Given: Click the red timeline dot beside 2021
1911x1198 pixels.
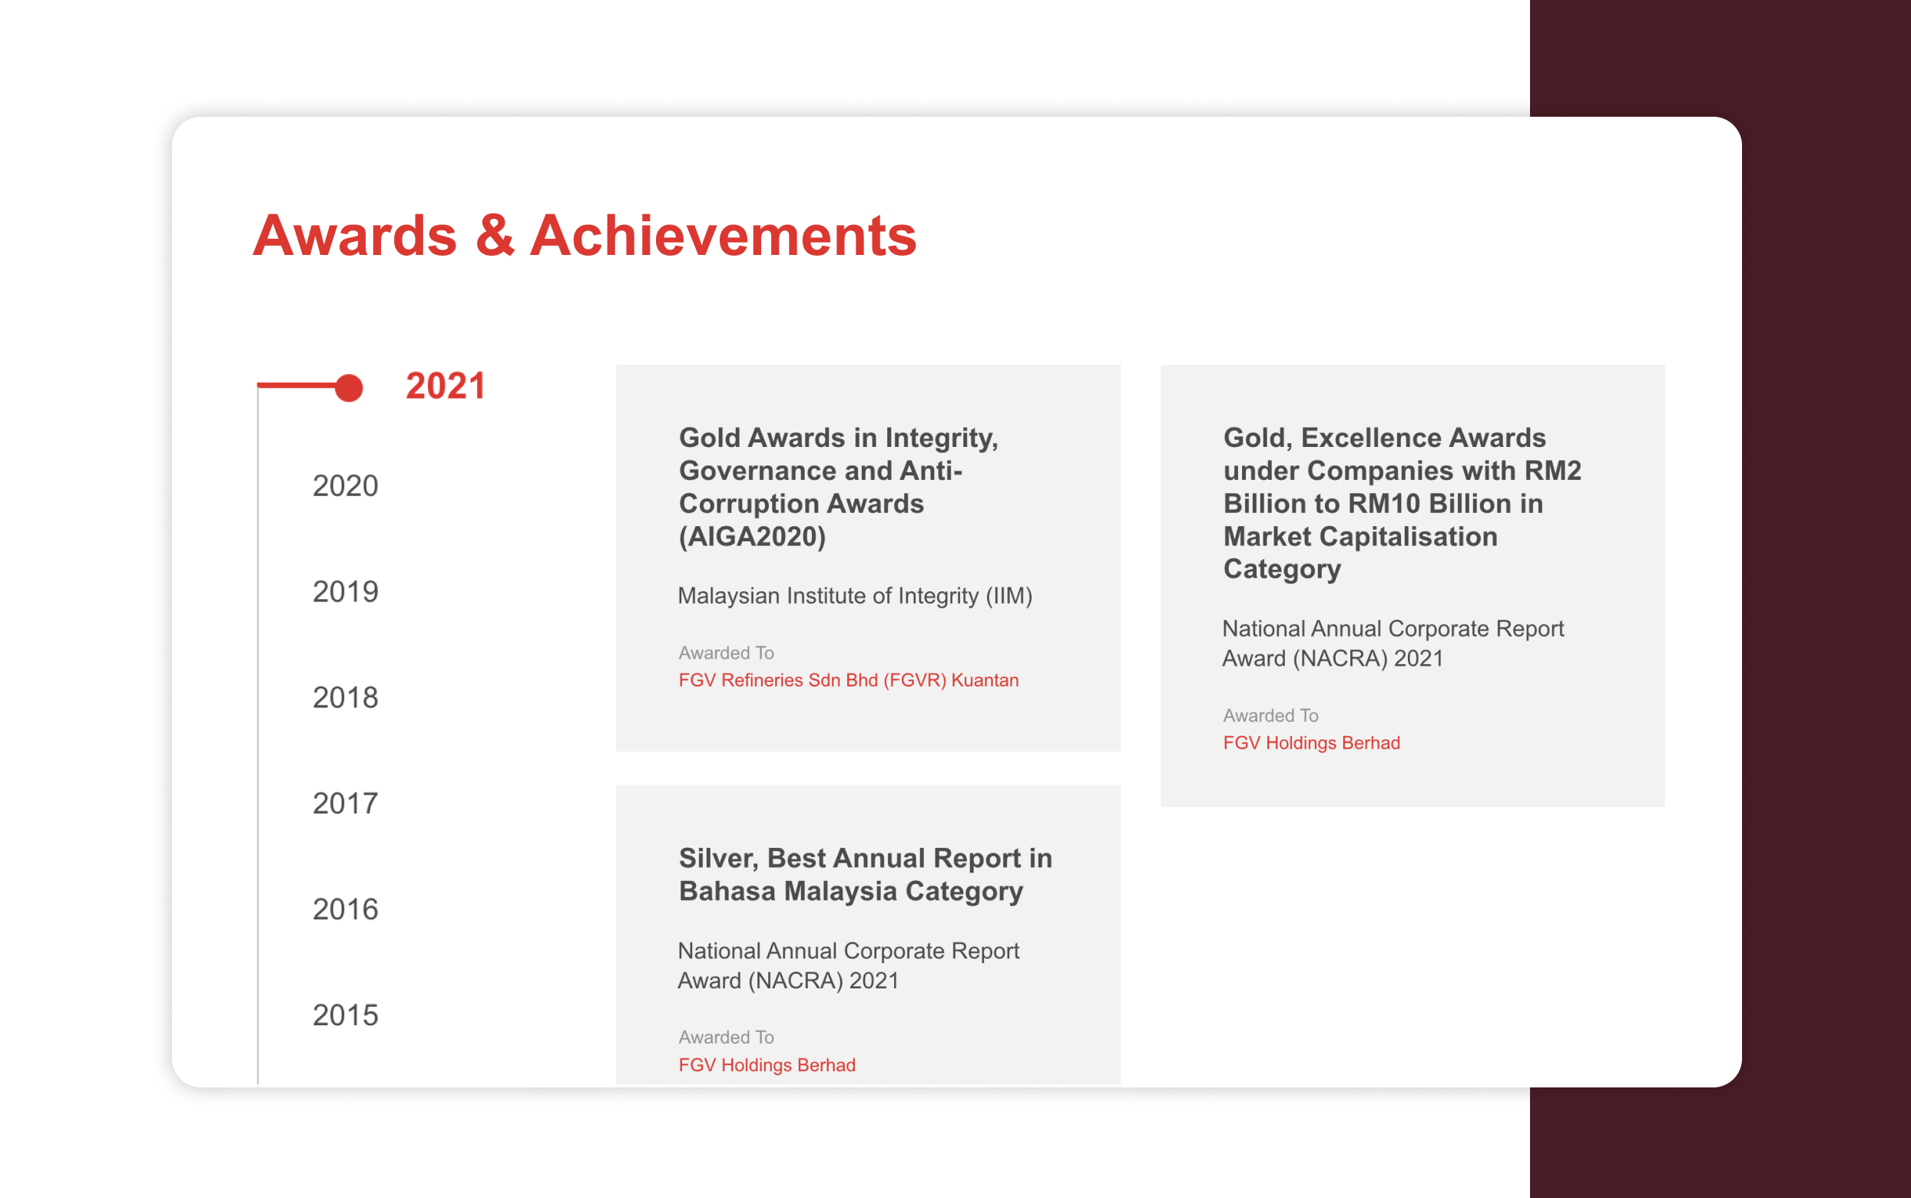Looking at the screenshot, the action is point(349,388).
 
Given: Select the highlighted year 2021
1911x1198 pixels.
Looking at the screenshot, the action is point(445,386).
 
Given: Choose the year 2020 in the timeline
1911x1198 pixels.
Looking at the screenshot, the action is point(346,485).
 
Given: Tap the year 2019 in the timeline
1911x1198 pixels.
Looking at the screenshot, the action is point(346,592).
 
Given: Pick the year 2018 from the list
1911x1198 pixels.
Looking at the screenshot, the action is point(346,698).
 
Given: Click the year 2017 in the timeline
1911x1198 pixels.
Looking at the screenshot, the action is point(346,803).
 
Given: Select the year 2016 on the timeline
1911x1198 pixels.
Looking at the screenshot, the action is point(346,909).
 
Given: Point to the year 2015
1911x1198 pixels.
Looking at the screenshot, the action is point(346,1016).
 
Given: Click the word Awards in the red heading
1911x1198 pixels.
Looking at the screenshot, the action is point(355,235).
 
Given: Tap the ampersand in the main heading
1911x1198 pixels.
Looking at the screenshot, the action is point(495,235).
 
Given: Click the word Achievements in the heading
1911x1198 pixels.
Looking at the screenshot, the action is point(723,235).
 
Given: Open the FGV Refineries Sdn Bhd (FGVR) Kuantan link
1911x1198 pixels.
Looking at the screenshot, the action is point(849,680).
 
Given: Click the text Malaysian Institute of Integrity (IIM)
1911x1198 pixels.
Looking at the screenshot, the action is point(855,596).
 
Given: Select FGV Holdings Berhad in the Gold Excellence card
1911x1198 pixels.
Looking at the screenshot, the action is point(1311,743).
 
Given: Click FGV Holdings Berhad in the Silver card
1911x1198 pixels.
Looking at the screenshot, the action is point(767,1065).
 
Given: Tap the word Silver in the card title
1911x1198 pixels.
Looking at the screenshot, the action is point(715,859).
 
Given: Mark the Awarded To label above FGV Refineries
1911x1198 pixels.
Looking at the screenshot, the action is point(726,653).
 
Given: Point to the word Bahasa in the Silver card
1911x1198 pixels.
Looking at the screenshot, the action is point(727,892).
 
